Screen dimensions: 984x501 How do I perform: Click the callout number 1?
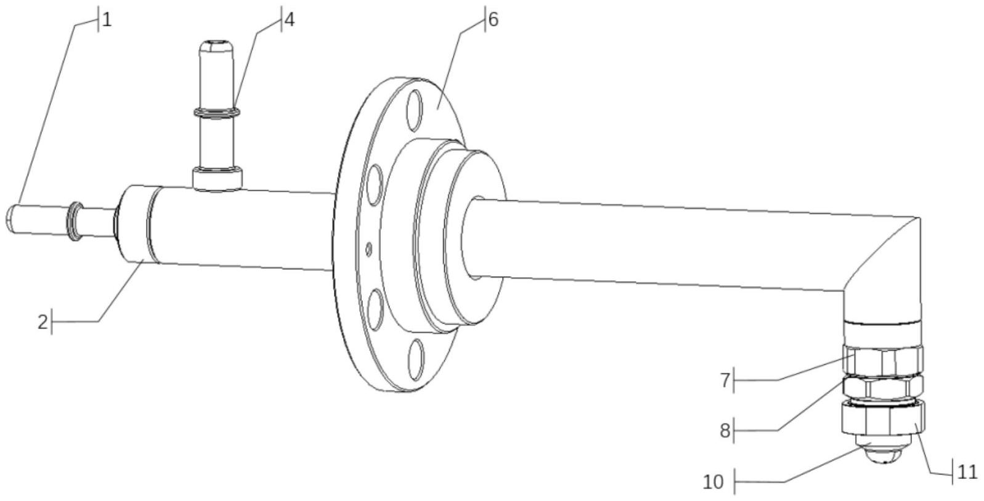click(107, 20)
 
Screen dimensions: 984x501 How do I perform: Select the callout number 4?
click(288, 20)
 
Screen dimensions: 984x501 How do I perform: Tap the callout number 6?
click(493, 20)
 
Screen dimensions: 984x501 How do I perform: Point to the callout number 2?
click(43, 322)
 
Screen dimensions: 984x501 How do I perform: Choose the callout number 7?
click(725, 381)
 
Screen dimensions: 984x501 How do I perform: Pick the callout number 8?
click(725, 431)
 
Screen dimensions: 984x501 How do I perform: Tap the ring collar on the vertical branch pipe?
click(217, 113)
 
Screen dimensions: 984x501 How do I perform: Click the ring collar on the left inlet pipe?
click(75, 221)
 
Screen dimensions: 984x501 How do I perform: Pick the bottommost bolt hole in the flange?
click(416, 359)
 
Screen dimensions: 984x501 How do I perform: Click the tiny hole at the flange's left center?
click(369, 249)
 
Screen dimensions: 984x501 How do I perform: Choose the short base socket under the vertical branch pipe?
click(218, 179)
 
